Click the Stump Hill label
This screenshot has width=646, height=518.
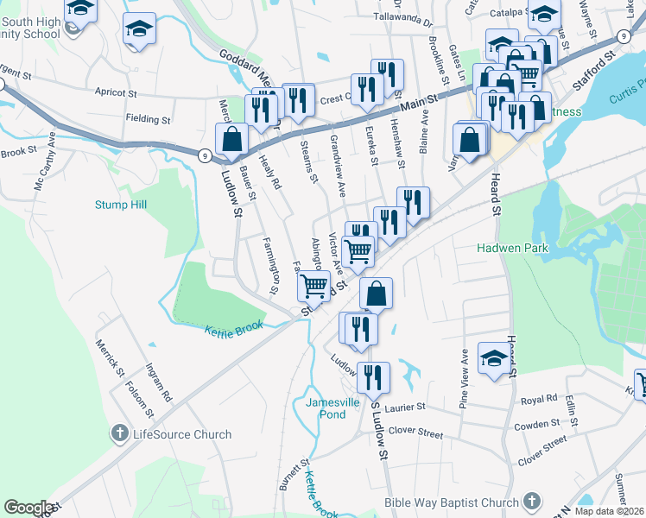coord(121,205)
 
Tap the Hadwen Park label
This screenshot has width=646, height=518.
coord(513,248)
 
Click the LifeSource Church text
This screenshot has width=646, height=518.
coord(181,434)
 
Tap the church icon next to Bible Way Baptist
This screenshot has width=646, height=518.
coord(532,502)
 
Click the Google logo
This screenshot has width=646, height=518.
coord(28,508)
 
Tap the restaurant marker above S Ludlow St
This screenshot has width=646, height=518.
coord(373,376)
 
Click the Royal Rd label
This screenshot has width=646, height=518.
coord(539,401)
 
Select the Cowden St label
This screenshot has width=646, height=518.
coord(537,425)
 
